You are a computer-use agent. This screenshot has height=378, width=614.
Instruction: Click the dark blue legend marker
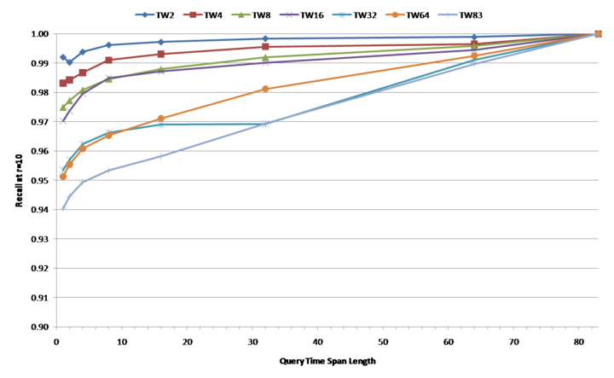click(144, 15)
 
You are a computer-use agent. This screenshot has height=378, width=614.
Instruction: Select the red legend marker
click(193, 15)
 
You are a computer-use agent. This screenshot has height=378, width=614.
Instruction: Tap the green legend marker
click(240, 15)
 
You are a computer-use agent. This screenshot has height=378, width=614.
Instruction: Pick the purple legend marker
click(289, 15)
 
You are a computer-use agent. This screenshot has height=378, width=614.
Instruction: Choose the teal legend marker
click(342, 15)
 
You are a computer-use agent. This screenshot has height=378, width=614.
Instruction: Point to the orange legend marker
click(395, 15)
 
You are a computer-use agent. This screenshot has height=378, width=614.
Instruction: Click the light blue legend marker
click(448, 15)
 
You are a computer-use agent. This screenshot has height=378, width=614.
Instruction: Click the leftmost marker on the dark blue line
click(63, 57)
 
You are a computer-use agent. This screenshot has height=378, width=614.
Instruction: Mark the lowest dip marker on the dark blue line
click(70, 62)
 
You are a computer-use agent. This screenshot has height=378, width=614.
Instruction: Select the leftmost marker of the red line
click(63, 83)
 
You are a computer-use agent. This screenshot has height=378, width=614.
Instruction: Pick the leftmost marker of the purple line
click(63, 121)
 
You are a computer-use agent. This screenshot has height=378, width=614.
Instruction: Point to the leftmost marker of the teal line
click(63, 168)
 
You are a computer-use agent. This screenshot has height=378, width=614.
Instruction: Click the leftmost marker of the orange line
click(63, 176)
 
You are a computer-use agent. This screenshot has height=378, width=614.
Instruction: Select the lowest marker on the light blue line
click(63, 208)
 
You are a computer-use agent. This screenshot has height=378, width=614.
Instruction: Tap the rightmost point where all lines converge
click(597, 34)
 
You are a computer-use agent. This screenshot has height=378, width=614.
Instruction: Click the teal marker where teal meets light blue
click(265, 125)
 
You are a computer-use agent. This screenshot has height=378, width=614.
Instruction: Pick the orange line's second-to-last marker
click(474, 56)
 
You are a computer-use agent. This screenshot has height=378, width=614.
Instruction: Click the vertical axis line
click(55, 180)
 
